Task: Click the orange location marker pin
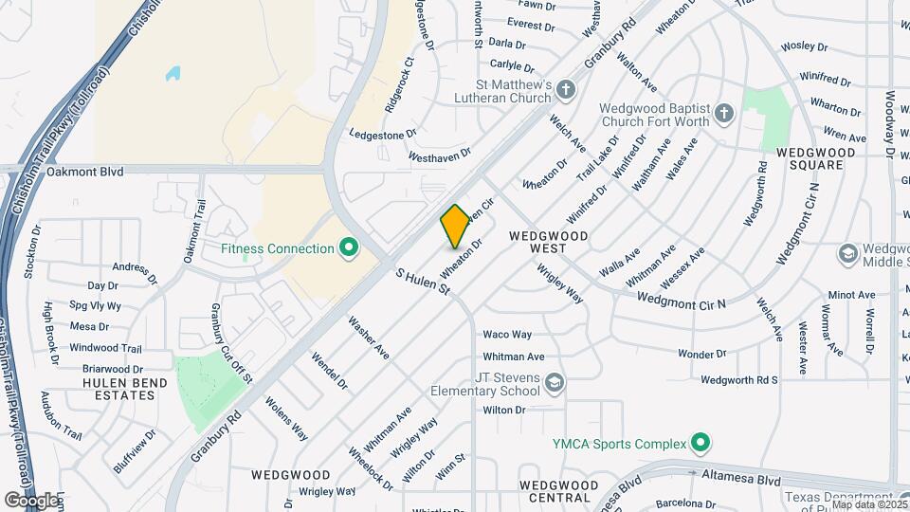[x=455, y=226]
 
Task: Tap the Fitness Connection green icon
[x=349, y=248]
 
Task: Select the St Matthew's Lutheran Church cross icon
[x=566, y=91]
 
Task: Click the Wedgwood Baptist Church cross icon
[x=724, y=114]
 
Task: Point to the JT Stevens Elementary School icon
[x=555, y=382]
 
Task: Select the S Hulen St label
[x=422, y=282]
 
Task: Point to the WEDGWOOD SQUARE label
[x=815, y=158]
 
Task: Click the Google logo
[x=31, y=500]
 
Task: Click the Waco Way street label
[x=507, y=335]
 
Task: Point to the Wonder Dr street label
[x=701, y=354]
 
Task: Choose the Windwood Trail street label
[x=105, y=348]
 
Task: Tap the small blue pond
[x=173, y=72]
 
